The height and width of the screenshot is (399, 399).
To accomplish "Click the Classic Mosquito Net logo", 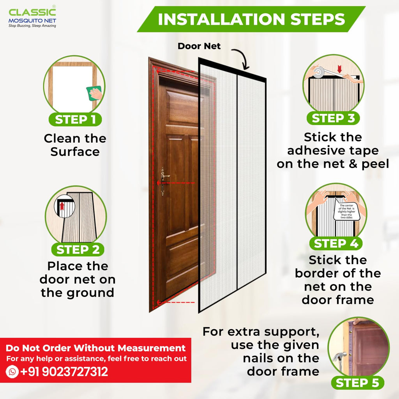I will tap(32, 18).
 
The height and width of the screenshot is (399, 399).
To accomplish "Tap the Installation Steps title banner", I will tap(251, 19).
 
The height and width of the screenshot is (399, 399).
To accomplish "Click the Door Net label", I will tap(199, 46).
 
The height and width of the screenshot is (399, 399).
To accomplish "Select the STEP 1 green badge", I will tap(75, 119).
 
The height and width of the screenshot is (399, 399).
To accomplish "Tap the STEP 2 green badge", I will tap(78, 249).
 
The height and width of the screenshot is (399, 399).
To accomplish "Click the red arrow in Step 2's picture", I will tap(61, 205).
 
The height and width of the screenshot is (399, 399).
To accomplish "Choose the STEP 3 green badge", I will tap(333, 118).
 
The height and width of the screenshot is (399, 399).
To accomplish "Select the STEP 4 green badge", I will tap(335, 244).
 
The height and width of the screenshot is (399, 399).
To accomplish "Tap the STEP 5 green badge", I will tap(357, 383).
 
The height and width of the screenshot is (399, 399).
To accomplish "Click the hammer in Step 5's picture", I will tap(338, 357).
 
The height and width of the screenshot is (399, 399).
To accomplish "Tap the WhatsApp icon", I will tap(12, 372).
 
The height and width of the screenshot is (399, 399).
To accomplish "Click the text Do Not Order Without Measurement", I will tap(95, 348).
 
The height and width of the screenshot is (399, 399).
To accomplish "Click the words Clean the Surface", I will tap(75, 145).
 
